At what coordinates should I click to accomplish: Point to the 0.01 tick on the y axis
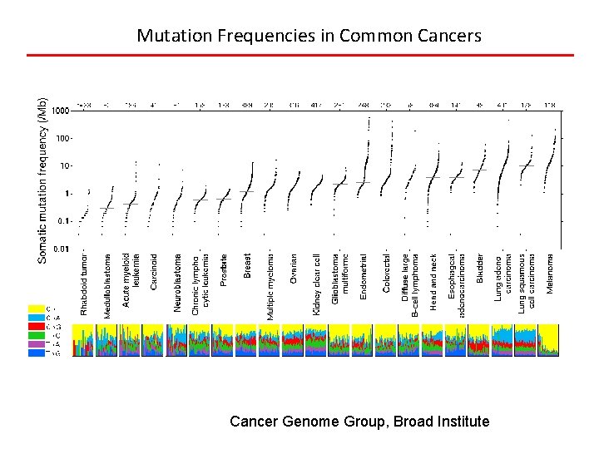click(61, 249)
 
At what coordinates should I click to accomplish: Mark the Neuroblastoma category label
click(177, 283)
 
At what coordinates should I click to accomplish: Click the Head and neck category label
click(433, 281)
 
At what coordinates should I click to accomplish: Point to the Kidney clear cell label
click(317, 284)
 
